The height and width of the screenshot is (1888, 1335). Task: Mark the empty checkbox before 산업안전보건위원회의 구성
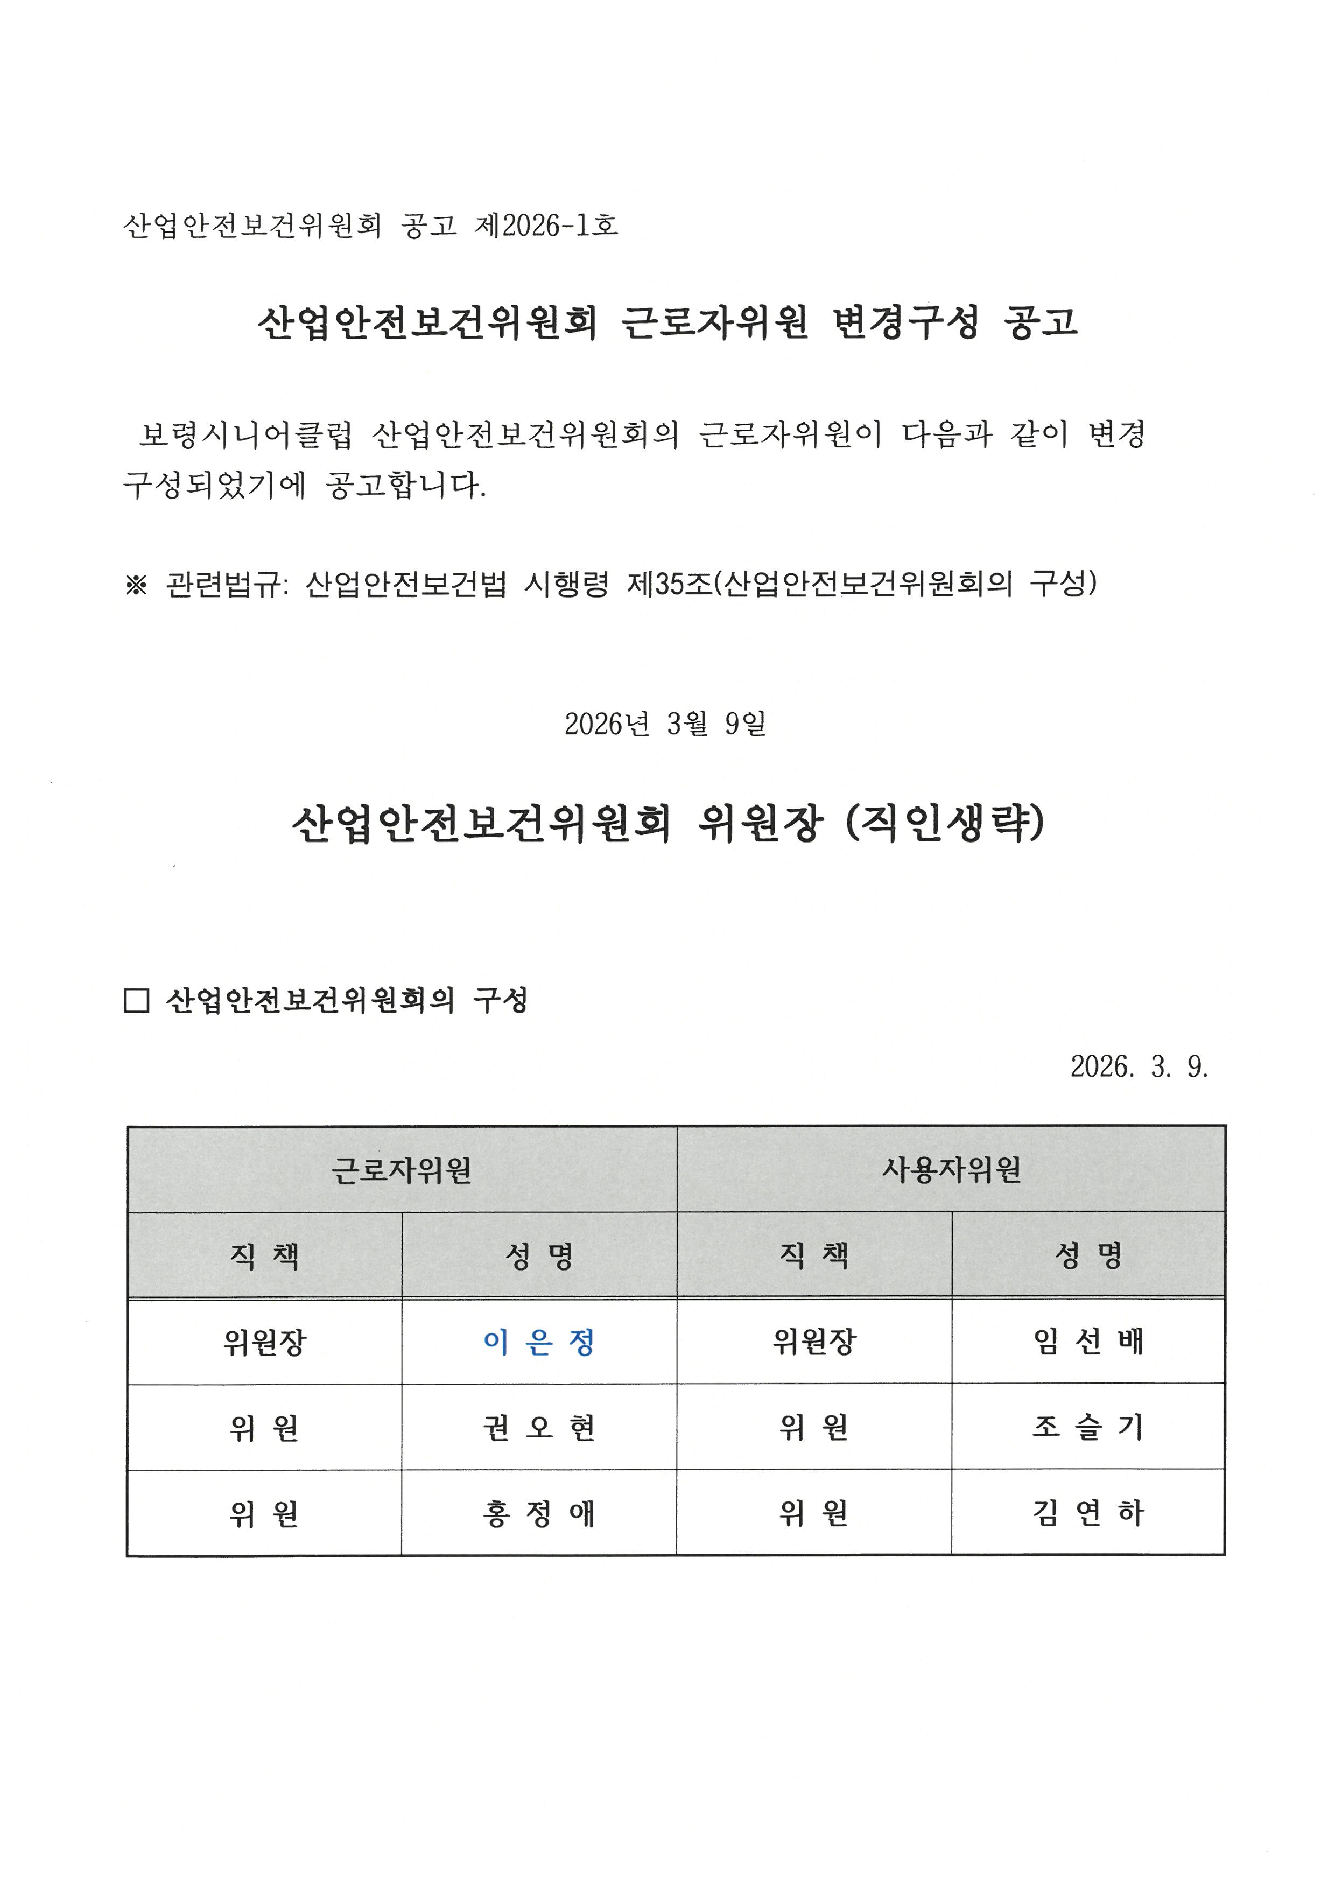[136, 1001]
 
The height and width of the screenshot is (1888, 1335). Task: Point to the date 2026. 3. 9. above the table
[1139, 1066]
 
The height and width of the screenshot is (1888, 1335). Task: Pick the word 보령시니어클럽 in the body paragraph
[245, 434]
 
